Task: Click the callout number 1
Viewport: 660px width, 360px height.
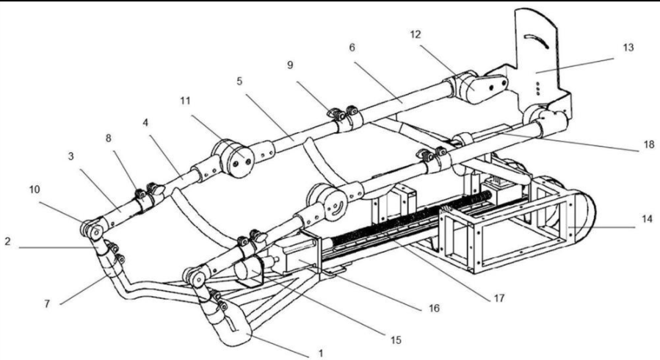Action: pos(321,353)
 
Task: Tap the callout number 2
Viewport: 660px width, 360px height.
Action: pos(7,242)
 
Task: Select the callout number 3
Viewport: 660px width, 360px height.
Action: pos(70,156)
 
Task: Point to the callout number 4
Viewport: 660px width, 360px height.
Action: pos(145,123)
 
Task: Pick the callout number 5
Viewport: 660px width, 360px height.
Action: pos(239,81)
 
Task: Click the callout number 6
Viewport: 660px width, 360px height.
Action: pos(352,48)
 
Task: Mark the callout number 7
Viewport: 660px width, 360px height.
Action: pos(47,303)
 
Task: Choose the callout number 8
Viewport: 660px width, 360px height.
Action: pos(109,138)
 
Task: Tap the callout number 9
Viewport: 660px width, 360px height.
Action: pos(290,65)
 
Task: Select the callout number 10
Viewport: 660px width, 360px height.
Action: pos(35,190)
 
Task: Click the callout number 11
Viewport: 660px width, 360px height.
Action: pos(185,101)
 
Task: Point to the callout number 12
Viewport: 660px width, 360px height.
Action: pos(416,35)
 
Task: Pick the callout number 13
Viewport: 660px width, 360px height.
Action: pos(628,48)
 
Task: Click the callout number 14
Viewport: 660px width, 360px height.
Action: pos(647,219)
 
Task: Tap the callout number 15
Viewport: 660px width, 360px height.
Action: pos(396,339)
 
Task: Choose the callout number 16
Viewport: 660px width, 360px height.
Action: pos(434,309)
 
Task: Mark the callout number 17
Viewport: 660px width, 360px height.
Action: pos(499,298)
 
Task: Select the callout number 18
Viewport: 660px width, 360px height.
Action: pos(649,144)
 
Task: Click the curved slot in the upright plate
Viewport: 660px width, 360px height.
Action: pos(537,41)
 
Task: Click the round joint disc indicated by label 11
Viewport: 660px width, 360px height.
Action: pos(233,158)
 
